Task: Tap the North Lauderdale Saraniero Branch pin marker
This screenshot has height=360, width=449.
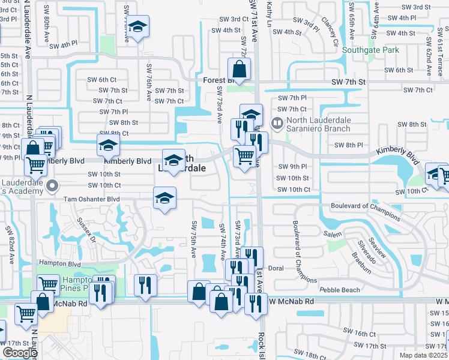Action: pyautogui.click(x=277, y=124)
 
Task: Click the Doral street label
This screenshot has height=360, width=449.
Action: pyautogui.click(x=276, y=268)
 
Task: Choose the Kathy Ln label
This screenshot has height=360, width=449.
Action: pyautogui.click(x=270, y=11)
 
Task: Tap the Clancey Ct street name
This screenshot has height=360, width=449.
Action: pyautogui.click(x=330, y=33)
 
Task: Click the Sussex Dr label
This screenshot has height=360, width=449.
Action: pyautogui.click(x=86, y=229)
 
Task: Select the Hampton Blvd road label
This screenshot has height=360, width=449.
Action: pyautogui.click(x=59, y=263)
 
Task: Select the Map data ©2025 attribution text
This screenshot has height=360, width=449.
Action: pyautogui.click(x=424, y=355)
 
